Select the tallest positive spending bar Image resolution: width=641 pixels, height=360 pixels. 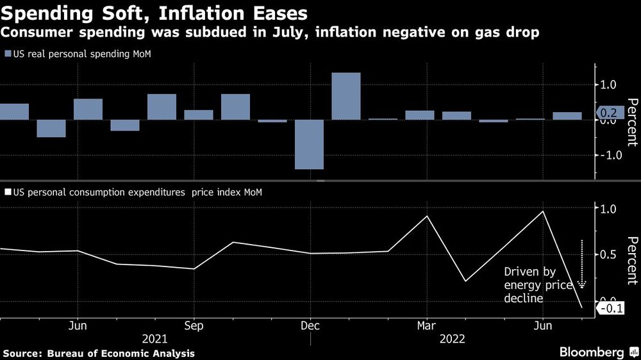point(346,95)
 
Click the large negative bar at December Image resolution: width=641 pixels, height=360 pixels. point(309,144)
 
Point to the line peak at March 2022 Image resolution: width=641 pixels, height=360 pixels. point(428,216)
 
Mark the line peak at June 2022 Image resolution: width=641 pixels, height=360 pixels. point(544,211)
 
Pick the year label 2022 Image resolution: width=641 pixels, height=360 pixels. point(452,338)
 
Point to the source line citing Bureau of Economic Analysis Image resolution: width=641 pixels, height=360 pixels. point(99,353)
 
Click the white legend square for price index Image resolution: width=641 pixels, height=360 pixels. point(7,192)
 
